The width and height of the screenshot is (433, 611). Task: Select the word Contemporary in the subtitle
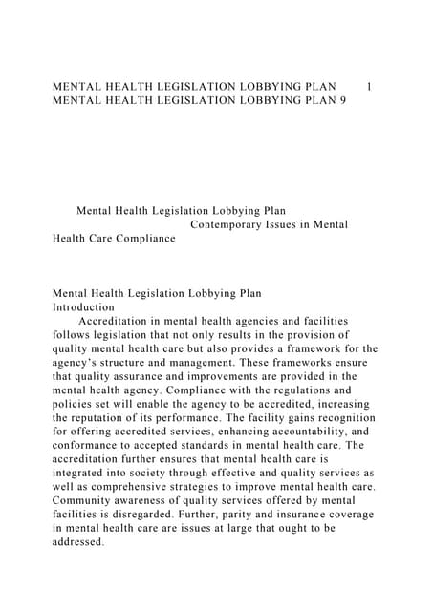(228, 225)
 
